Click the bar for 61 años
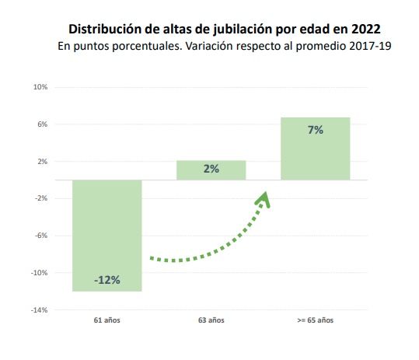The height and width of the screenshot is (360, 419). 106,235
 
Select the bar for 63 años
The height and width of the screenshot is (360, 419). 211,170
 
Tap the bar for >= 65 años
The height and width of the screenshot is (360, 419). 315,148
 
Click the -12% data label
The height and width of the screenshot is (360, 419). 107,280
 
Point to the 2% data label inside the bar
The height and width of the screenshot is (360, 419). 211,169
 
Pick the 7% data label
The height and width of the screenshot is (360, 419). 315,131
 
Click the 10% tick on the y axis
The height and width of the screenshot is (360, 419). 40,87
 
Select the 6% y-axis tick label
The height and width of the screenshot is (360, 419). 42,124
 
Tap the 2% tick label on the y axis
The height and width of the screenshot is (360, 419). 42,162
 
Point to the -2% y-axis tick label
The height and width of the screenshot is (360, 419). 41,198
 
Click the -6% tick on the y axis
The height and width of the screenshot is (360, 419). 41,236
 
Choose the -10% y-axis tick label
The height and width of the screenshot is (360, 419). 40,273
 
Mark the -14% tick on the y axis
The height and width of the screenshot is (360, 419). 40,310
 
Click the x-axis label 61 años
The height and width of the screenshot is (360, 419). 107,320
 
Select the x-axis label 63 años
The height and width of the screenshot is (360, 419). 211,320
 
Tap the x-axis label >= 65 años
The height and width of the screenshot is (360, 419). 315,320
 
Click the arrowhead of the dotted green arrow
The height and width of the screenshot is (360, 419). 264,199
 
